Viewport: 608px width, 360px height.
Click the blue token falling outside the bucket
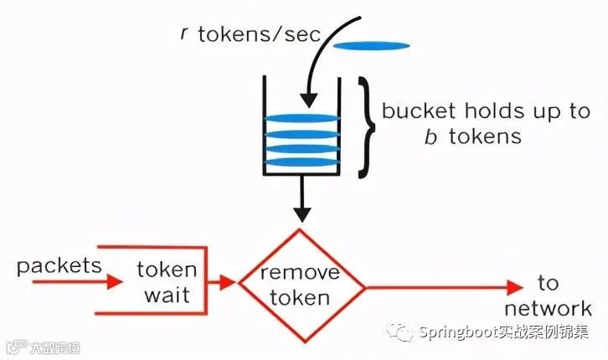(372, 44)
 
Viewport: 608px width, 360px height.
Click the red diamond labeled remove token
(302, 285)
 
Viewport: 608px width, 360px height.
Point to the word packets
(59, 267)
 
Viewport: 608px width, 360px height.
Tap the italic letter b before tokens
(430, 136)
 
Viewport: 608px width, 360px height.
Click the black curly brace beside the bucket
(365, 128)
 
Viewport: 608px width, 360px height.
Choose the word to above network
(549, 281)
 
